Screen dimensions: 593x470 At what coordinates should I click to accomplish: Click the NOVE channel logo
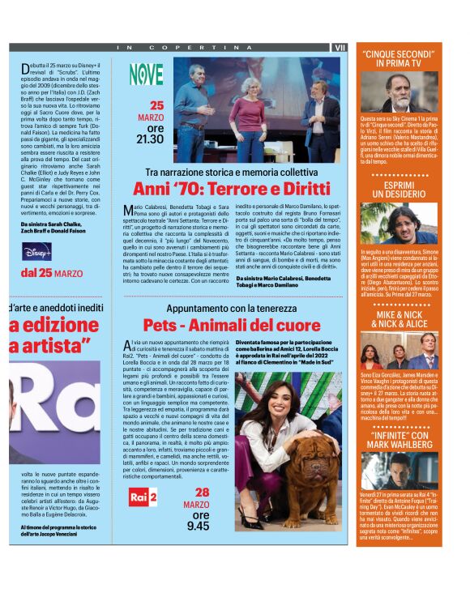pyautogui.click(x=146, y=75)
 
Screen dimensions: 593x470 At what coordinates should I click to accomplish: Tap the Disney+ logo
pyautogui.click(x=37, y=250)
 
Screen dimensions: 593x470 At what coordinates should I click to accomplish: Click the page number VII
pyautogui.click(x=340, y=48)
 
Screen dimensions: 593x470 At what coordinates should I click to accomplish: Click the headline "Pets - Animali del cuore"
pyautogui.click(x=231, y=324)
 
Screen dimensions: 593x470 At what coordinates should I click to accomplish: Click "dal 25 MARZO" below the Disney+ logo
pyautogui.click(x=52, y=273)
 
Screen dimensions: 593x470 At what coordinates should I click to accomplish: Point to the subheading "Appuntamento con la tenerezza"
pyautogui.click(x=232, y=309)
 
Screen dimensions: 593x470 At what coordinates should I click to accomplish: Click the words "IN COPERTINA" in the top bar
pyautogui.click(x=169, y=48)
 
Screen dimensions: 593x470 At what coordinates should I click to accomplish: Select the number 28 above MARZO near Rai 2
pyautogui.click(x=201, y=492)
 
